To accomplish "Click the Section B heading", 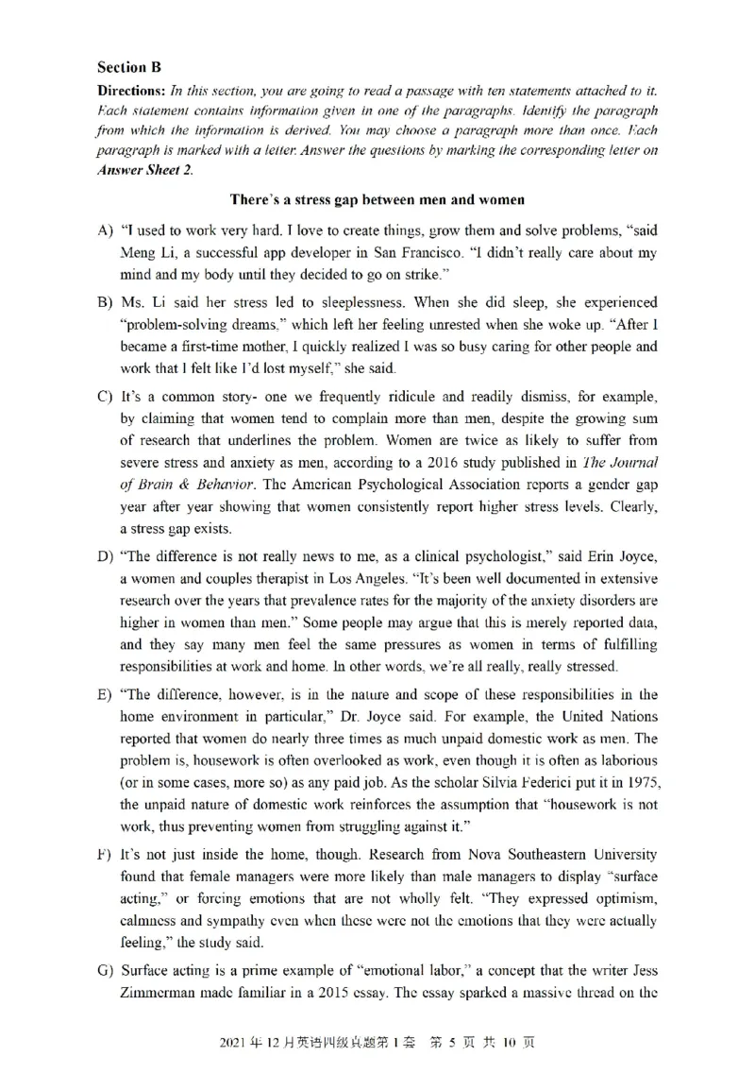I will (x=129, y=67).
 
